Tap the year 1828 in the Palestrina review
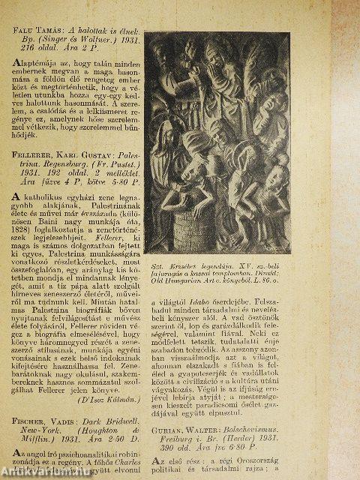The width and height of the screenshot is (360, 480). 26,226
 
